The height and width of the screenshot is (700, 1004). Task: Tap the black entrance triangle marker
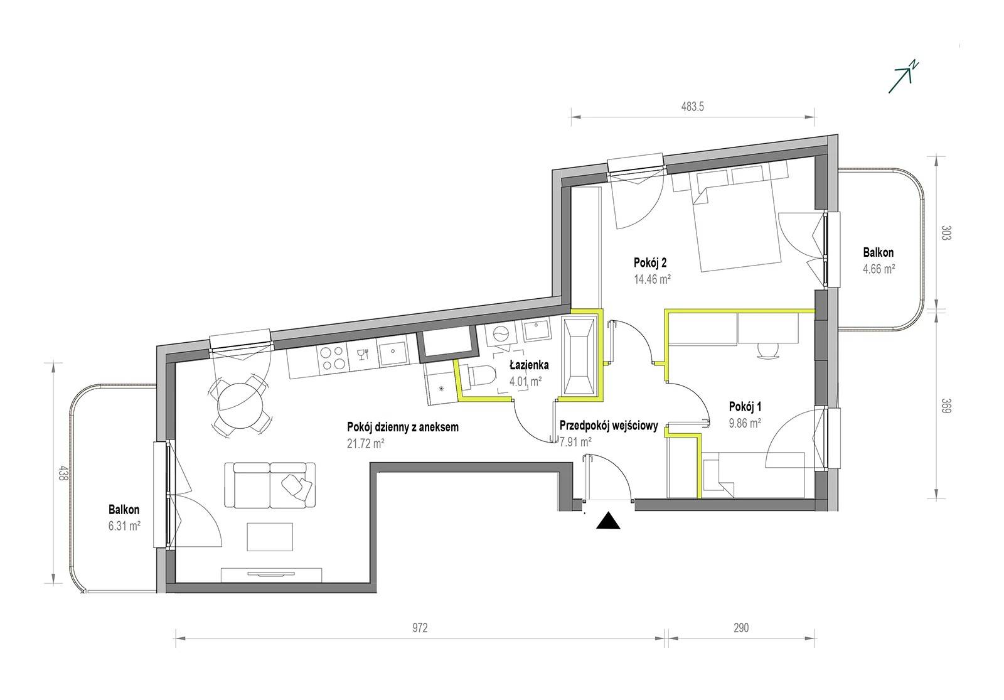point(608,521)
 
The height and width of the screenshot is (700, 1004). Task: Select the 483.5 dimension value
point(693,107)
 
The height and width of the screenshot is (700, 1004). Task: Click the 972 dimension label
point(420,628)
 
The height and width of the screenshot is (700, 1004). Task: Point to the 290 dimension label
point(741,628)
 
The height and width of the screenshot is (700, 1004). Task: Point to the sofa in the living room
point(270,485)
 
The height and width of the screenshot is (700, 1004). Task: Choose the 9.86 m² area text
point(745,423)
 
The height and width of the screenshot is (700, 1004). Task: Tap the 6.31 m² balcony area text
point(125,526)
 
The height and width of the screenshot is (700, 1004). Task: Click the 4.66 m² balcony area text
point(879,269)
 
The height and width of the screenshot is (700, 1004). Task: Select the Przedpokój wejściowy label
point(609,426)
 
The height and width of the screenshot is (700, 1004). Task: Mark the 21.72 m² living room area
point(366,443)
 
